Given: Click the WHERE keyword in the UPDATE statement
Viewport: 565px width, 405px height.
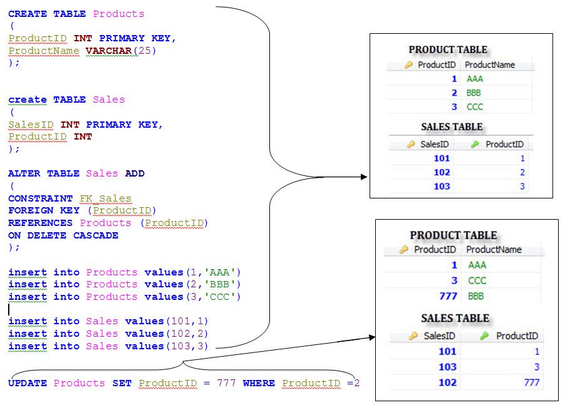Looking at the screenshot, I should pos(259,382).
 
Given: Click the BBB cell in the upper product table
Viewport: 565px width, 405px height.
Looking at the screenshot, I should pos(474,93).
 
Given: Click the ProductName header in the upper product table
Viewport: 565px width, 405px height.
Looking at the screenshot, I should pos(490,64).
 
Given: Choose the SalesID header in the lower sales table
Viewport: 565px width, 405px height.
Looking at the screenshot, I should pos(438,336).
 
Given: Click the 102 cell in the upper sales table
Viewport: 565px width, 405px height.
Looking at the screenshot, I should pos(442,172).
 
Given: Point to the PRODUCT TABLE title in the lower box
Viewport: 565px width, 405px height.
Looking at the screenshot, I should pos(454,235).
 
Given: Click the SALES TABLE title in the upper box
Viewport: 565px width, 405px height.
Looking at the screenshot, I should pos(452,126).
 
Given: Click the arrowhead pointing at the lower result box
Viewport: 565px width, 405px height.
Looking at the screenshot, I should pos(371,337).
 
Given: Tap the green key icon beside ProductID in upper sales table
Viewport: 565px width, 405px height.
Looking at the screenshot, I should pos(474,145).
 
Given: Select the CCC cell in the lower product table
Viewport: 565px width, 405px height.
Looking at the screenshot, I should pos(477,280).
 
